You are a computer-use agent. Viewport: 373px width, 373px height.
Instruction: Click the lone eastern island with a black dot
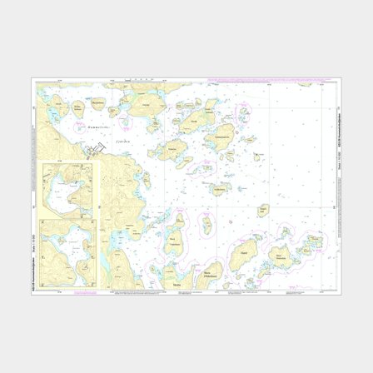(x=262, y=209)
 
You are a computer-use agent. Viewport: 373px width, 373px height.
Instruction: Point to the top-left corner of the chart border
(x=33, y=80)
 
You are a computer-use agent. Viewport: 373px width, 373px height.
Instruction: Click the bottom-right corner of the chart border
(x=341, y=292)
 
